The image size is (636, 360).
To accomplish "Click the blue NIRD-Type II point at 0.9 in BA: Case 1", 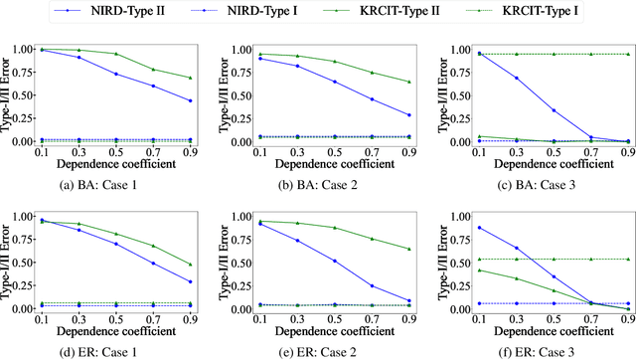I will [x=191, y=100].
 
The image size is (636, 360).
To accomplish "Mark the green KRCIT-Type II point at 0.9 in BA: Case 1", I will [x=191, y=78].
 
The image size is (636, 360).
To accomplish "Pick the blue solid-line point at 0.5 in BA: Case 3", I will [x=525, y=110].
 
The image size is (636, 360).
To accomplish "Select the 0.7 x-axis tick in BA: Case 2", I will [x=369, y=151].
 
